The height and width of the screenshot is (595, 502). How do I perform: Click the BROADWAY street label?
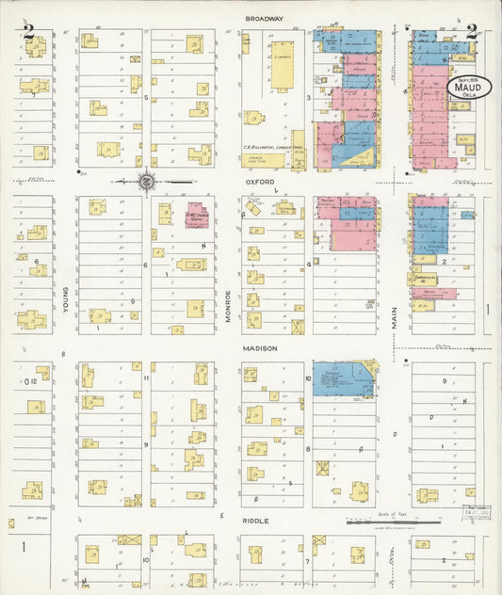pyautogui.click(x=264, y=18)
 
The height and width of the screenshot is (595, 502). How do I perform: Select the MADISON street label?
pyautogui.click(x=261, y=348)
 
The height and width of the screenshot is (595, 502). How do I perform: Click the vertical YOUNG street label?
pyautogui.click(x=65, y=300)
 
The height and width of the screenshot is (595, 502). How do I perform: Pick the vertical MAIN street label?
pyautogui.click(x=394, y=315)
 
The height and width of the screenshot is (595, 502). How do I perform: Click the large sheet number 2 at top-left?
pyautogui.click(x=29, y=35)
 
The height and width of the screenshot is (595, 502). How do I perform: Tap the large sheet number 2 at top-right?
pyautogui.click(x=471, y=35)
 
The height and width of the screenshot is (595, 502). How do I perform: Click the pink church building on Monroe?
pyautogui.click(x=198, y=216)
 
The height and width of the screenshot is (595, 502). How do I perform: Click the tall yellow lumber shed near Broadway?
pyautogui.click(x=282, y=64)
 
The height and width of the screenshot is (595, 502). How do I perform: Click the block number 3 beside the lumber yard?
pyautogui.click(x=307, y=96)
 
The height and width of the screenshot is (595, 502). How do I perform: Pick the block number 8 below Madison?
pyautogui.click(x=307, y=449)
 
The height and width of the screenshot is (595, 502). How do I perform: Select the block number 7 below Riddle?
pyautogui.click(x=308, y=561)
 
